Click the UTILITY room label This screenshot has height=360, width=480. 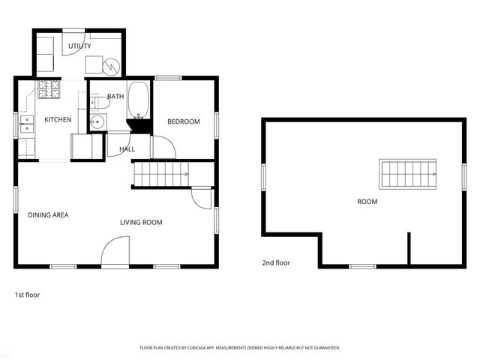[79, 46]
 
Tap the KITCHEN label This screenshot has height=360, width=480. [58, 120]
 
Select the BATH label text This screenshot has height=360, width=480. [115, 97]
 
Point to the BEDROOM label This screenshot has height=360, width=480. [183, 121]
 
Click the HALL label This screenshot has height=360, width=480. [127, 149]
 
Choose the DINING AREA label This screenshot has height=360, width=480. [48, 215]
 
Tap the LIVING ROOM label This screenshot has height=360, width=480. [141, 222]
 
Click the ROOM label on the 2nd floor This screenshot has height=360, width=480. [367, 202]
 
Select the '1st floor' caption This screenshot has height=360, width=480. [27, 295]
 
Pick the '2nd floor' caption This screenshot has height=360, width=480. [275, 263]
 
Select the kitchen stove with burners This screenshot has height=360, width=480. [50, 90]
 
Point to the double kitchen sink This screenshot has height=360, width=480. [27, 124]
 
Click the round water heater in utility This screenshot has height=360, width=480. [111, 67]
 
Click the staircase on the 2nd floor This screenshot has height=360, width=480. [407, 174]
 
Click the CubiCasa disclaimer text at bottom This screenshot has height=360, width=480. [240, 348]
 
